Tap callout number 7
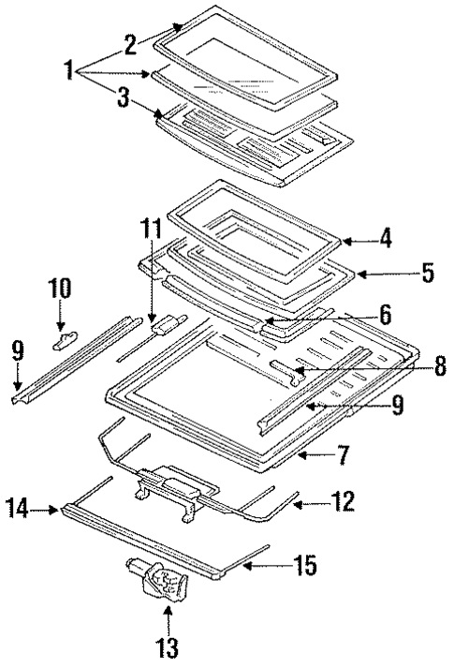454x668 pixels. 343,455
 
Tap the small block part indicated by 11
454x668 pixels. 164,324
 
